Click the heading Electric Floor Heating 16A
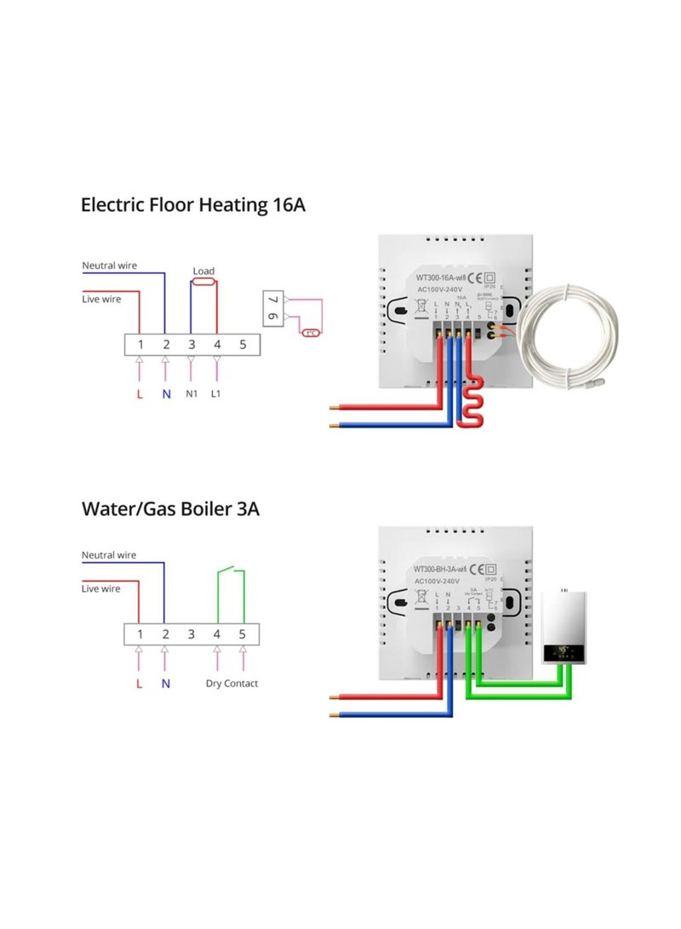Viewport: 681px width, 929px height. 192,205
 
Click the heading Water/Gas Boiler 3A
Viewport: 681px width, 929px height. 170,509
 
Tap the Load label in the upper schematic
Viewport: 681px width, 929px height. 203,271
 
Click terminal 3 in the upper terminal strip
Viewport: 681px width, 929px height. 192,344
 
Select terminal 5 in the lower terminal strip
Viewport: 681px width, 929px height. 242,634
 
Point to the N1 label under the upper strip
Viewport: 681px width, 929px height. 192,395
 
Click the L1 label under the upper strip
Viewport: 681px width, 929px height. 216,395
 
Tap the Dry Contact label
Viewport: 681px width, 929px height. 232,684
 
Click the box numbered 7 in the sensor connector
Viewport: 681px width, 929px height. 273,300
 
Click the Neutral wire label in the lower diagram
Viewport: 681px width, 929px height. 108,555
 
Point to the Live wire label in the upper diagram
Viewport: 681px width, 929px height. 100,299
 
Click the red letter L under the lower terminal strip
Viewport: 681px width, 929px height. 139,684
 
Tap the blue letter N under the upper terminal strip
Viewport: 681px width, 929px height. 166,395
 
